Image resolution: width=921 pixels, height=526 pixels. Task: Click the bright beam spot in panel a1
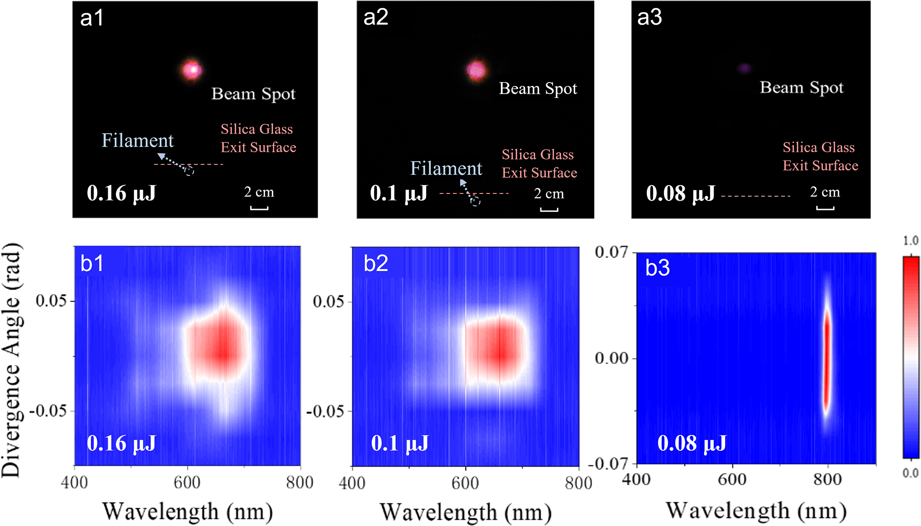coord(192,70)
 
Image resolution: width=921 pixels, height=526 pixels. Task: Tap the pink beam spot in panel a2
coord(477,70)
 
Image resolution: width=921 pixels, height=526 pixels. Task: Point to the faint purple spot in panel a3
coord(745,68)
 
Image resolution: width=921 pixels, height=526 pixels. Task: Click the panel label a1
coord(92,18)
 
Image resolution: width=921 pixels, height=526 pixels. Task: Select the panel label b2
coord(376,263)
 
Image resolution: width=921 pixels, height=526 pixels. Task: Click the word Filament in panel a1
coord(137,140)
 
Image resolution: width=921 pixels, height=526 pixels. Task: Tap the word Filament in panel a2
coord(446,168)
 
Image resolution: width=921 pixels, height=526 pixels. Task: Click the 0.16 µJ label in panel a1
coord(121,193)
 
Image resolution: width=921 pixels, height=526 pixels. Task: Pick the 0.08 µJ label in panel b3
coord(692,443)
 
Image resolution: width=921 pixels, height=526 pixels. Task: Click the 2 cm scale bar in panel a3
coord(825,208)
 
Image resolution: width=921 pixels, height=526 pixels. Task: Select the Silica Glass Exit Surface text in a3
coord(820,156)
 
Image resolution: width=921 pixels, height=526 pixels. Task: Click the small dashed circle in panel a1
coord(189,171)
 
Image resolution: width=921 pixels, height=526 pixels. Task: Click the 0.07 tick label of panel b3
coord(612,252)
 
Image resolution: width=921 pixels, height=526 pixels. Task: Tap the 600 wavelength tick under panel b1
coord(187,483)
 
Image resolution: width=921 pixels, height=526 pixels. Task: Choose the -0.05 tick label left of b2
coord(325,411)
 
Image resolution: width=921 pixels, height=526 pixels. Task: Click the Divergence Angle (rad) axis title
coord(12,360)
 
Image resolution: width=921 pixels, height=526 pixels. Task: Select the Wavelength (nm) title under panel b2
coord(466,512)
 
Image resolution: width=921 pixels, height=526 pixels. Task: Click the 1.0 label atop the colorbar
coord(911,240)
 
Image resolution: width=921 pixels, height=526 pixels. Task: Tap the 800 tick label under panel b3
coord(828,479)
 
